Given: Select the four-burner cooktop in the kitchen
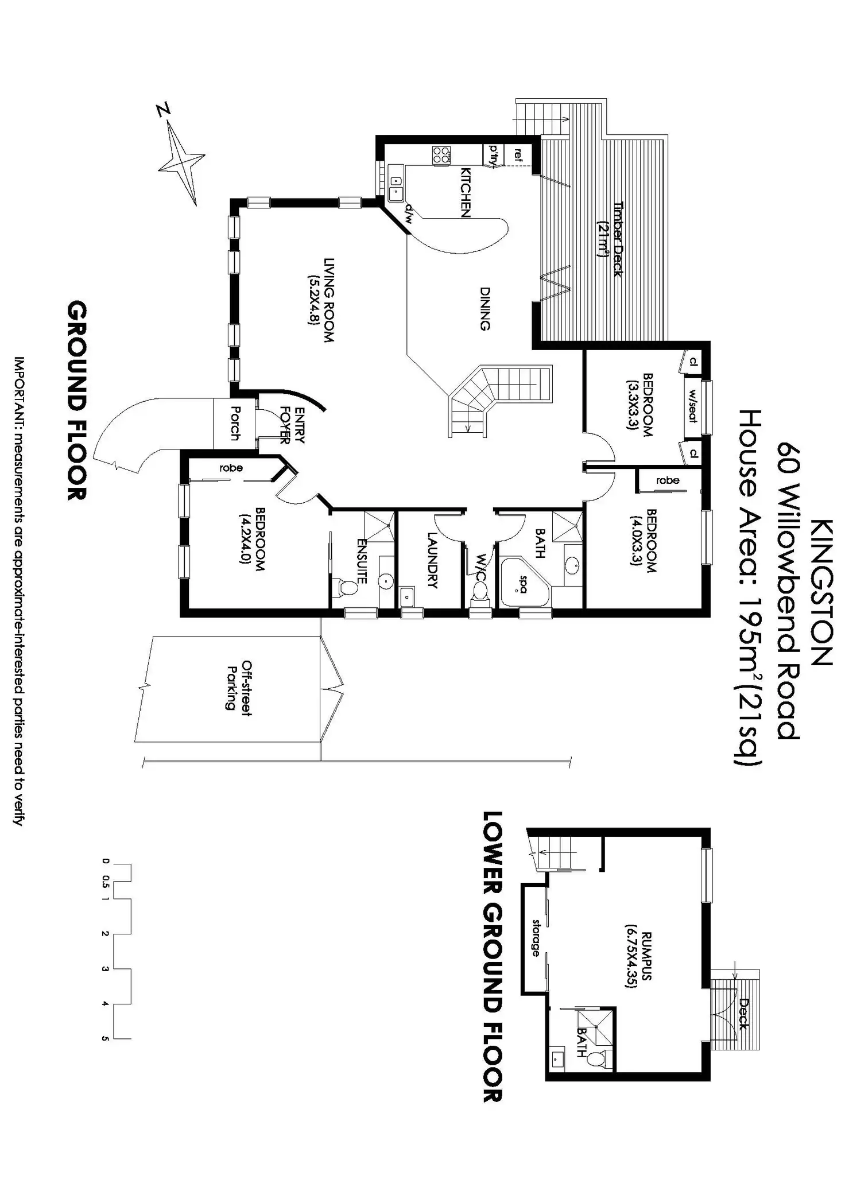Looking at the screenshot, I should (x=441, y=154).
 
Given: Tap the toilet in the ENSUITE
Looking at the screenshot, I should (x=347, y=588).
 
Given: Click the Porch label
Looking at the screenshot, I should (x=234, y=424).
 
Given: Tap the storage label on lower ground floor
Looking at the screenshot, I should (x=536, y=937).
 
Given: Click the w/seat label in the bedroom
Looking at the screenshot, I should (x=692, y=406).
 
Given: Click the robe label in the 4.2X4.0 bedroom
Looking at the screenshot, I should (x=231, y=468).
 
